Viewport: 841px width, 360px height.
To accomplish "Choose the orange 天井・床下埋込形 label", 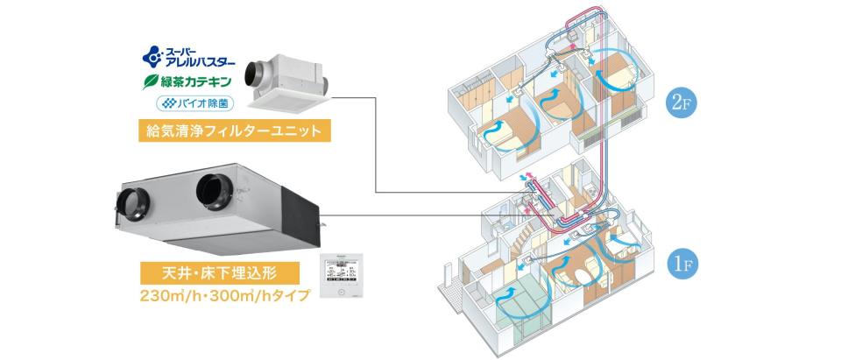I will [x=214, y=271].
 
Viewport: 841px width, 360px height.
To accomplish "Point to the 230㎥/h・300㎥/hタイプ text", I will [x=224, y=296].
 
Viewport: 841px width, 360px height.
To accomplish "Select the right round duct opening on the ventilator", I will [x=213, y=187].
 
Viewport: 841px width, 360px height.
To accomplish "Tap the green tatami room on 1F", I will [x=525, y=302].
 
